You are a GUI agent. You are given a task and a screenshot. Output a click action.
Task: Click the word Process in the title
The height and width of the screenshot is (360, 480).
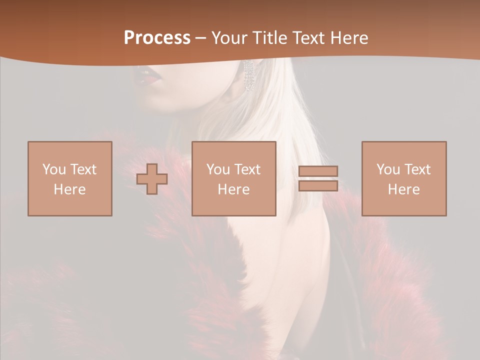click(x=157, y=38)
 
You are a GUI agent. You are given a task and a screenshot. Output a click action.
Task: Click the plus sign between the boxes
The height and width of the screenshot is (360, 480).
click(x=152, y=178)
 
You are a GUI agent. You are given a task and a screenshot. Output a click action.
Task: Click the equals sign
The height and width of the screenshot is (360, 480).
click(x=318, y=178)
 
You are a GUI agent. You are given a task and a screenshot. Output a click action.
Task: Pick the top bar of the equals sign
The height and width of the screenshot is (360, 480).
click(x=318, y=171)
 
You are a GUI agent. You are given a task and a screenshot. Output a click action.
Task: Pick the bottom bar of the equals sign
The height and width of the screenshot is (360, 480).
click(x=318, y=186)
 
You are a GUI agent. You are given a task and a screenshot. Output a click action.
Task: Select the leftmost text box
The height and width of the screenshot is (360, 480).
click(x=70, y=178)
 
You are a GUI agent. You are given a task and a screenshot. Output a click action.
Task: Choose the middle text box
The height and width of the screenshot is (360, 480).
click(x=233, y=178)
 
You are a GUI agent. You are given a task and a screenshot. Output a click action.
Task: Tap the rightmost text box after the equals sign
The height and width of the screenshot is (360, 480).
click(x=404, y=178)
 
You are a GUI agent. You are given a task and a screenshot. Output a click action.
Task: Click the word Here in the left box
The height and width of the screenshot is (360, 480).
click(x=69, y=189)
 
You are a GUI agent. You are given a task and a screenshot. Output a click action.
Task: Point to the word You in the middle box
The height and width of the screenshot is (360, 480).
click(x=218, y=169)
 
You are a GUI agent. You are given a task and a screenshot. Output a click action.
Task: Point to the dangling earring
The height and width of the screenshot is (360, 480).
click(x=248, y=76)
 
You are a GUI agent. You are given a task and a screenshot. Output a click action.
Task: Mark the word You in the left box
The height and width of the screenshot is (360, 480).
click(x=54, y=169)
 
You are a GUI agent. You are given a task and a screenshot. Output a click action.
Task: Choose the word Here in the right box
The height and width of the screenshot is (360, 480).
click(x=403, y=189)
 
